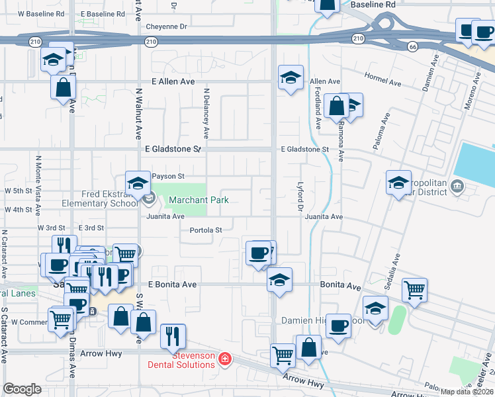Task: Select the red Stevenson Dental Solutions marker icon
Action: tap(225, 359)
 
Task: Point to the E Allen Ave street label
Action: tap(173, 81)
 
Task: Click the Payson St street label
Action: tap(167, 176)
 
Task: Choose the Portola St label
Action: tap(206, 230)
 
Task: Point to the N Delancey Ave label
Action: tap(206, 113)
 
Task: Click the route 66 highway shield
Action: tap(412, 46)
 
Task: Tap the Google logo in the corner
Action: tap(22, 389)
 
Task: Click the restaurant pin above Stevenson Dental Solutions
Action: tap(172, 335)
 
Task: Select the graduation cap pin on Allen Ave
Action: tap(291, 77)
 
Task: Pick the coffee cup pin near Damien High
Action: tap(338, 326)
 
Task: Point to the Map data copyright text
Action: tap(467, 392)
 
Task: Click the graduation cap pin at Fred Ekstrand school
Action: tap(138, 185)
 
